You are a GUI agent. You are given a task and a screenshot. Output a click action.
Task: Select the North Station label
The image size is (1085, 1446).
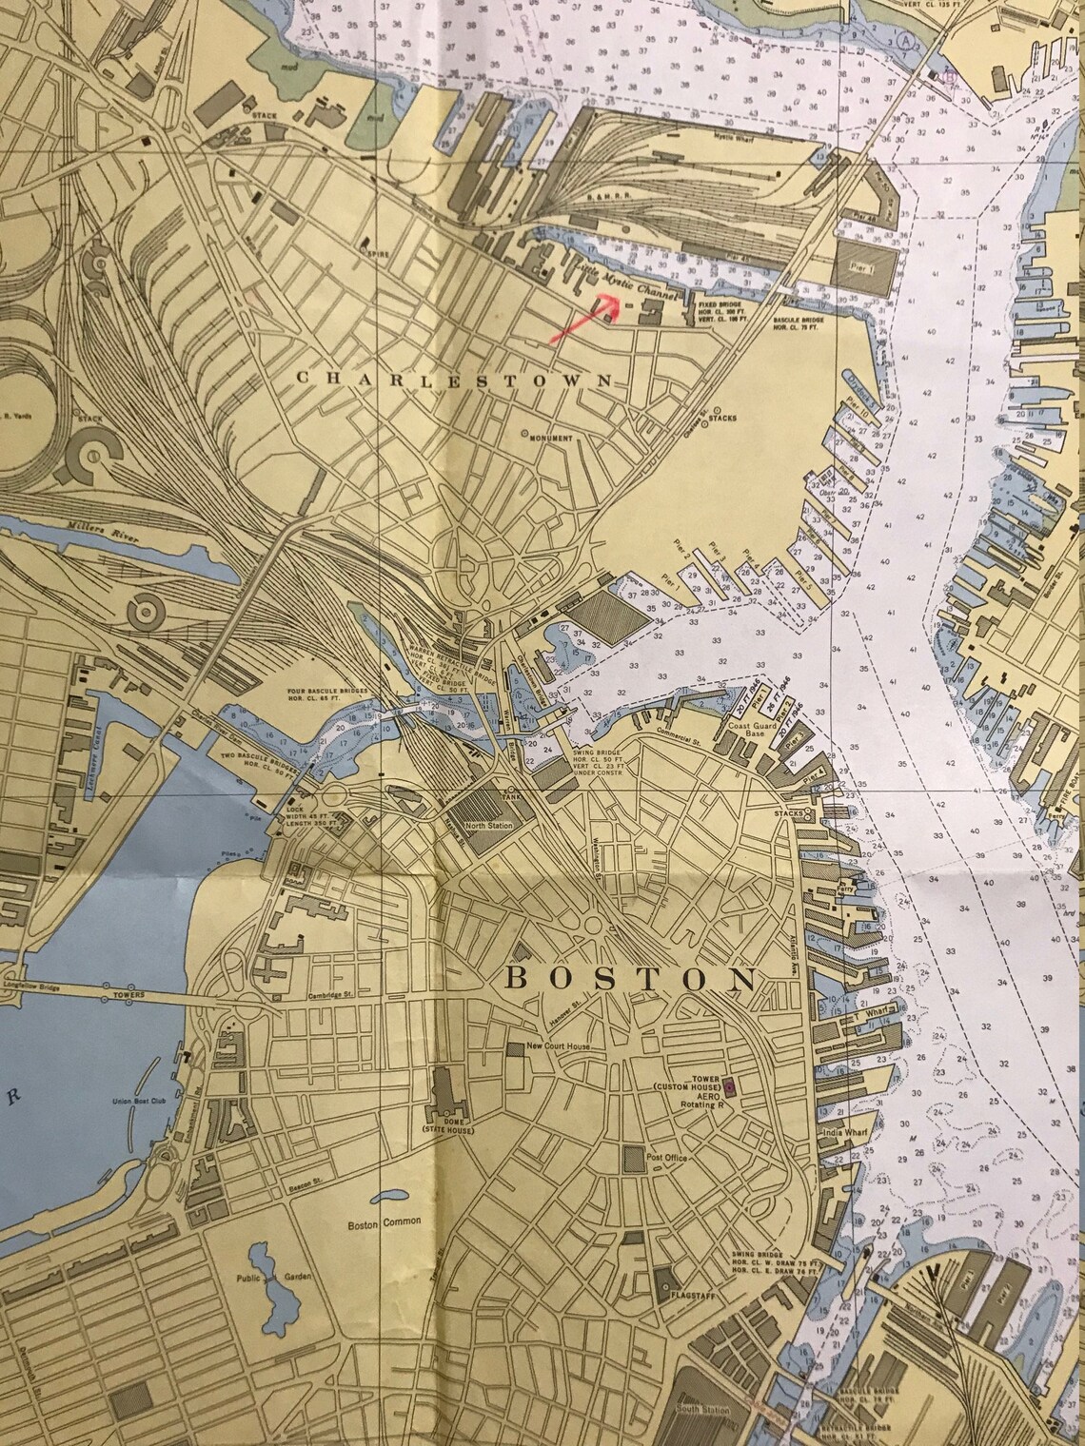click(489, 825)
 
